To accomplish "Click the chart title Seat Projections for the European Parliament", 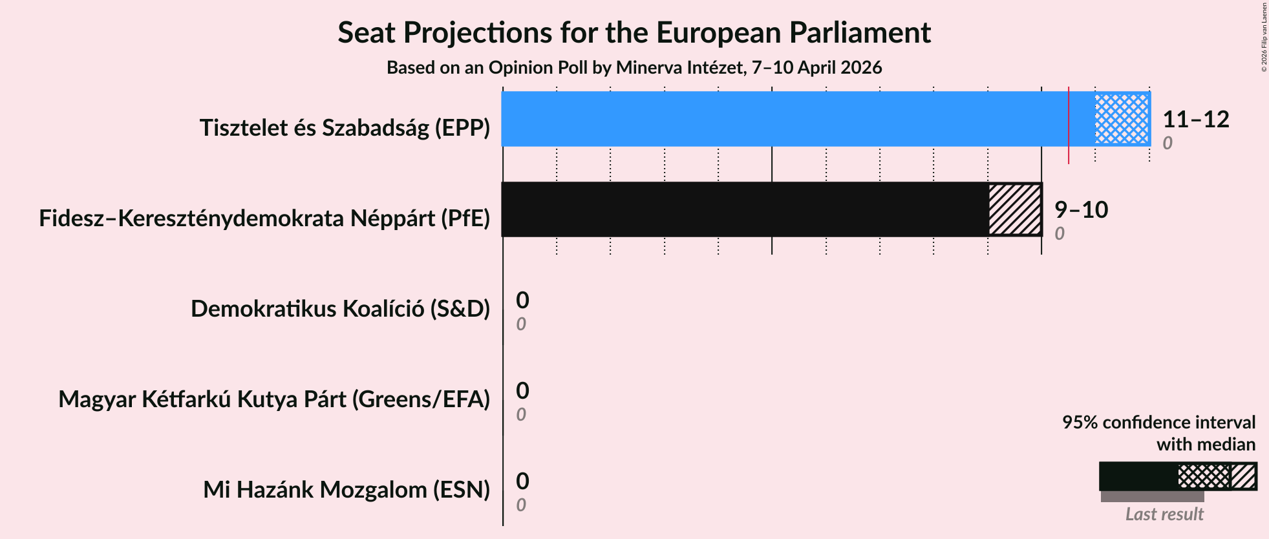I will [x=634, y=33].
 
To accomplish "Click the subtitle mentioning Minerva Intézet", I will [x=634, y=68].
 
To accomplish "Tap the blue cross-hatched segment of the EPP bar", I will [x=1122, y=119].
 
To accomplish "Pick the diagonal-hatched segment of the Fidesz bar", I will [x=1015, y=209].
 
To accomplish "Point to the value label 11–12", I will [x=1195, y=120].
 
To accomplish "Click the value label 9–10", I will [x=1081, y=210].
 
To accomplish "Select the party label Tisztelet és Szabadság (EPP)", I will [x=345, y=128].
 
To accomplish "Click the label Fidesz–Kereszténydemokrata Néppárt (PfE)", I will [x=264, y=218].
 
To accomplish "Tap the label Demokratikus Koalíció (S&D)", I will [x=340, y=309].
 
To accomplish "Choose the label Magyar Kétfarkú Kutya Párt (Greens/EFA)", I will [x=274, y=399].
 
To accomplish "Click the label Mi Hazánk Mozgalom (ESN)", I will [x=347, y=490].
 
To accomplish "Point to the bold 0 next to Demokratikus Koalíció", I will [x=522, y=301].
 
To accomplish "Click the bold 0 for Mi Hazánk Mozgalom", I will [x=522, y=481].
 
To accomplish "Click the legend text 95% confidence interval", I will [x=1158, y=423].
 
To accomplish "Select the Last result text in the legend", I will [x=1164, y=514].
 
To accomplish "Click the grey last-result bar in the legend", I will [x=1152, y=496].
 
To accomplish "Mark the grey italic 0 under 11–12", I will [x=1168, y=143].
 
